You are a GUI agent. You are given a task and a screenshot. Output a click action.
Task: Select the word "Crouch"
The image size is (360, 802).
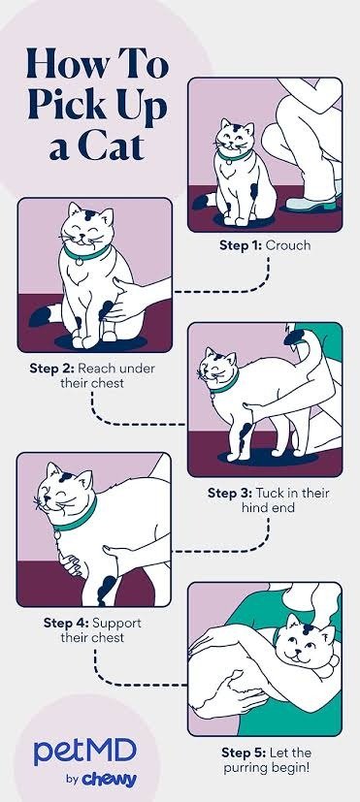(x=288, y=245)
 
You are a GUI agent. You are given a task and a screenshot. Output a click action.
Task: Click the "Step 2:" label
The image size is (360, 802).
(x=51, y=369)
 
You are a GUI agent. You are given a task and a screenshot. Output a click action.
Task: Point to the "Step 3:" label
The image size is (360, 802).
(x=230, y=493)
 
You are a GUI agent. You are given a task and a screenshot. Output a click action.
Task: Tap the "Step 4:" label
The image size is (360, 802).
(x=66, y=623)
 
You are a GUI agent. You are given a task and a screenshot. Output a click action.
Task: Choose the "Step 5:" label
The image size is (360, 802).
(x=244, y=753)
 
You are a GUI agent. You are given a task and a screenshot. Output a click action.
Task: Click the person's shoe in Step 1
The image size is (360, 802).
(x=311, y=205)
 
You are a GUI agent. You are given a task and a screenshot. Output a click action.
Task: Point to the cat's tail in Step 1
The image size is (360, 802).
(x=205, y=201)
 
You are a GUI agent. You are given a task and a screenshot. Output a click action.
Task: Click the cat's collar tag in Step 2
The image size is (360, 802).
(x=80, y=262)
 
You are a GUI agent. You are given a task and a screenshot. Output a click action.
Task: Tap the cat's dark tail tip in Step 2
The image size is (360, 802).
(x=42, y=316)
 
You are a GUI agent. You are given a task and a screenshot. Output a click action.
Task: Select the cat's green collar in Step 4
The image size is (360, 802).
(x=77, y=517)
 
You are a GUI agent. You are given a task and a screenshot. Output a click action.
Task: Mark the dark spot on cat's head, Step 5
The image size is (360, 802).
(x=308, y=629)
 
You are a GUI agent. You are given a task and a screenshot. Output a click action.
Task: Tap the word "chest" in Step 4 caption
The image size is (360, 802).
(x=109, y=638)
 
